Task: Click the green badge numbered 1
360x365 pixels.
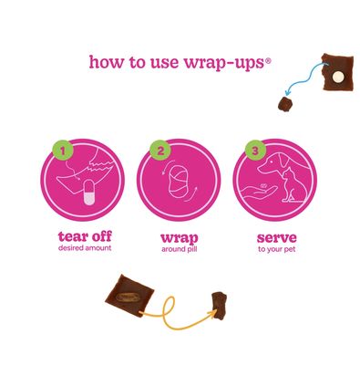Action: tap(63, 150)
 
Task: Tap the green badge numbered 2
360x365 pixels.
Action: tap(160, 151)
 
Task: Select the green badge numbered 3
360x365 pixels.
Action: tap(255, 151)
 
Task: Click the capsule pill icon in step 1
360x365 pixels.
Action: tap(89, 193)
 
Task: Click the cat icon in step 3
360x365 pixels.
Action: tap(293, 185)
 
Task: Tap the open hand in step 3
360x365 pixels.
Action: tap(259, 193)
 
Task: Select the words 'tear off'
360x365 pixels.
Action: tap(85, 236)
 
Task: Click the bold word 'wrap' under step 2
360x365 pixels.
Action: tap(180, 238)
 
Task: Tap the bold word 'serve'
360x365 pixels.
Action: tap(276, 237)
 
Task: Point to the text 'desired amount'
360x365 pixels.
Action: tap(85, 248)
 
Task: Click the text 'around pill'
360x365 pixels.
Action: tap(180, 249)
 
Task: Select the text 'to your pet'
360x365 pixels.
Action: tap(276, 250)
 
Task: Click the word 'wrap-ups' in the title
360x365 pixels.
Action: tap(224, 62)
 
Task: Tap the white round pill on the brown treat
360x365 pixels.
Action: tap(337, 78)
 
